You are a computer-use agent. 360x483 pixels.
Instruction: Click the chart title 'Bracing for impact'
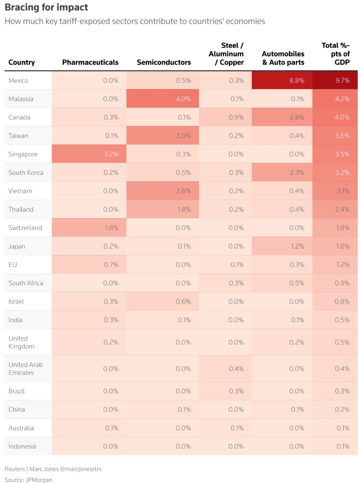pyautogui.click(x=46, y=8)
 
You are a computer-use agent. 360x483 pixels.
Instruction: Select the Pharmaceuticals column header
pyautogui.click(x=90, y=62)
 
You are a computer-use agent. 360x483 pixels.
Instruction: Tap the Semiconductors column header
pyautogui.click(x=163, y=62)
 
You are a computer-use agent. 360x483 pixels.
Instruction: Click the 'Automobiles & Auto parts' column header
pyautogui.click(x=283, y=58)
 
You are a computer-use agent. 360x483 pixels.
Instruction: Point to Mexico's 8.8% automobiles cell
pyautogui.click(x=281, y=80)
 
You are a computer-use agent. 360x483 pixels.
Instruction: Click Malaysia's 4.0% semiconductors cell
pyautogui.click(x=163, y=99)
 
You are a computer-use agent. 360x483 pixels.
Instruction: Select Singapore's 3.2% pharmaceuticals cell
pyautogui.click(x=89, y=154)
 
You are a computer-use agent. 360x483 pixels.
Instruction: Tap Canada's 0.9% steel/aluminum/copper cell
pyautogui.click(x=222, y=117)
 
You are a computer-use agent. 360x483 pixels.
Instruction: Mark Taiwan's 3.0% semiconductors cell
pyautogui.click(x=163, y=135)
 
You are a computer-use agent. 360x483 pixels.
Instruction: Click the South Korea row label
pyautogui.click(x=26, y=173)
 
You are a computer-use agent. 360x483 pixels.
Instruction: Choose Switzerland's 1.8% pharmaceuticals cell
pyautogui.click(x=89, y=228)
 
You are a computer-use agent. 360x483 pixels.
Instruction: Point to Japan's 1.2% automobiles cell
pyautogui.click(x=281, y=246)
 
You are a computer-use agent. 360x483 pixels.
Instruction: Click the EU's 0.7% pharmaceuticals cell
pyautogui.click(x=89, y=264)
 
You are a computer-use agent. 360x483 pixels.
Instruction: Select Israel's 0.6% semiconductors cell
pyautogui.click(x=163, y=301)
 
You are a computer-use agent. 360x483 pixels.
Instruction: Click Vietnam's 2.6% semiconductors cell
pyautogui.click(x=163, y=191)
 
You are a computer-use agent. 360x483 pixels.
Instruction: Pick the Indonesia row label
pyautogui.click(x=22, y=446)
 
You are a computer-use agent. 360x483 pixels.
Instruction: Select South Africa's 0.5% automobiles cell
pyautogui.click(x=281, y=283)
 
